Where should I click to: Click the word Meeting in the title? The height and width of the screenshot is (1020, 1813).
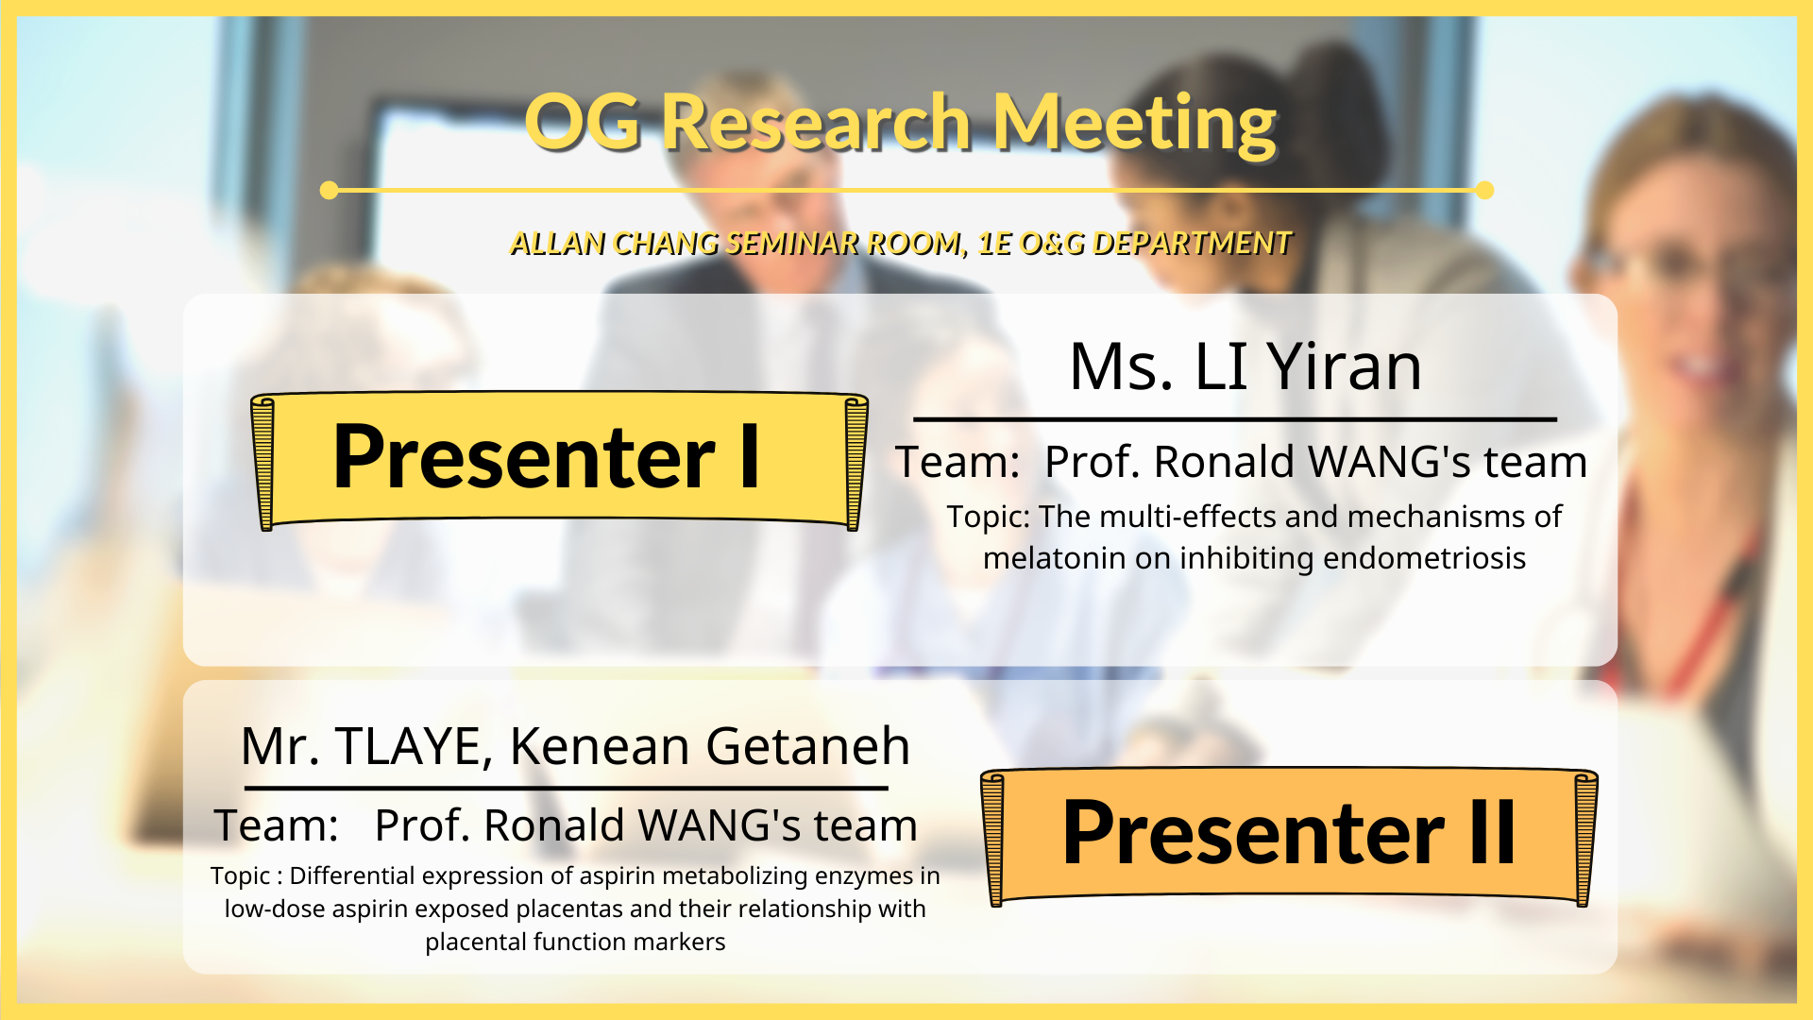1134,124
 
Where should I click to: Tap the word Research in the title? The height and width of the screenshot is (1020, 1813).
816,122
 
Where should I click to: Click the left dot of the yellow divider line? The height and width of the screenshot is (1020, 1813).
329,190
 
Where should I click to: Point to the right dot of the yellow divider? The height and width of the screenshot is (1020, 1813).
1484,190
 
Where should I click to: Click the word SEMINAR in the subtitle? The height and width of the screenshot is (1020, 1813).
792,244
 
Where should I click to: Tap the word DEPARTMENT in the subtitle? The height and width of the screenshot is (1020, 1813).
1191,244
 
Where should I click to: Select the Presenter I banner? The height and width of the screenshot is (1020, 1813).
559,460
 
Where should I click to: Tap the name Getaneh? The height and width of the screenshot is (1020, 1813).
807,746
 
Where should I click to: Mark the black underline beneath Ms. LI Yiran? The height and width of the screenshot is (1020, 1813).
1235,418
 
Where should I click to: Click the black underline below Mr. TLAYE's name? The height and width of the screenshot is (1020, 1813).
566,787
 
